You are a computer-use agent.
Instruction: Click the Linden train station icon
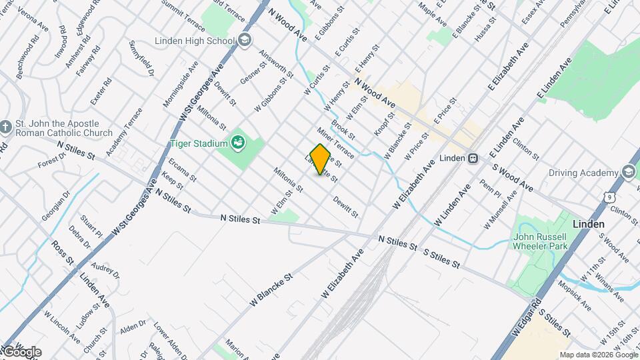pyautogui.click(x=473, y=159)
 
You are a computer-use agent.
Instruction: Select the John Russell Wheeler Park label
pyautogui.click(x=539, y=241)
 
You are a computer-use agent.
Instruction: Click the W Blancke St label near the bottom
pyautogui.click(x=271, y=289)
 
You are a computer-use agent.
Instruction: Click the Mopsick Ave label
pyautogui.click(x=575, y=295)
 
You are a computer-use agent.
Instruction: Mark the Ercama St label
pyautogui.click(x=182, y=169)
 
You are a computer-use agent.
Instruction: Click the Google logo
pyautogui.click(x=21, y=352)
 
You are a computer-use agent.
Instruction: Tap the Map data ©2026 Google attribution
pyautogui.click(x=598, y=355)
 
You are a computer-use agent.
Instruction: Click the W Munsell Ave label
pyautogui.click(x=501, y=209)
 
